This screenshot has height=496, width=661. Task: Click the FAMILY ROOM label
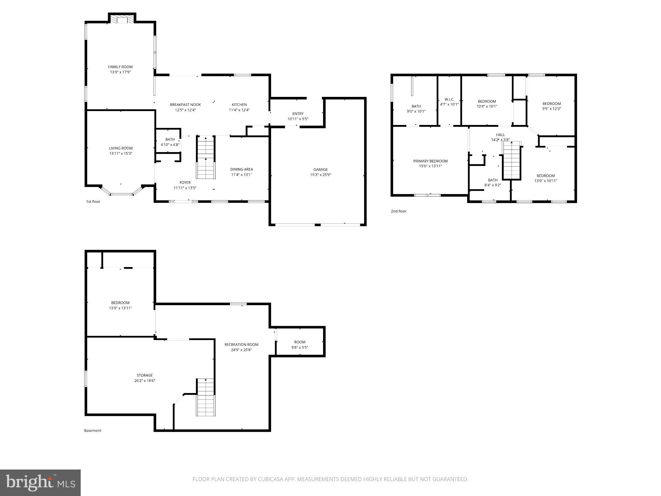120,67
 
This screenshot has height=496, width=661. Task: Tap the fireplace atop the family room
122,20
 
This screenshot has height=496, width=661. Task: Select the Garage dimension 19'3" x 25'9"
320,175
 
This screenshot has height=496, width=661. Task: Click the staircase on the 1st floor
206,158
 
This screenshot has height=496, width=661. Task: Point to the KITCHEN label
239,105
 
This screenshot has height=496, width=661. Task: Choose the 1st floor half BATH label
170,139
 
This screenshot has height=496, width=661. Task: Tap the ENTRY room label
298,114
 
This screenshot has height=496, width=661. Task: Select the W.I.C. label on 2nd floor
449,99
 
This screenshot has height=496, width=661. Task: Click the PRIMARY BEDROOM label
430,161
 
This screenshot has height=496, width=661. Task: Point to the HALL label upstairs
500,135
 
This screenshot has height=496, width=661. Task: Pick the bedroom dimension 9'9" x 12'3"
551,109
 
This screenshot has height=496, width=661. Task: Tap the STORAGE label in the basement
145,375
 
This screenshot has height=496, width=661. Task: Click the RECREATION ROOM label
241,345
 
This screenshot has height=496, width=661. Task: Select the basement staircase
206,397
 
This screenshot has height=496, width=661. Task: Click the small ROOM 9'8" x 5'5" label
300,342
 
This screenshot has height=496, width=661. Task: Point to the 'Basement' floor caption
93,430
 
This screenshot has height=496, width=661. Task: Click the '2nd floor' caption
399,211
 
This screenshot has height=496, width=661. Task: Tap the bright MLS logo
40,483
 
